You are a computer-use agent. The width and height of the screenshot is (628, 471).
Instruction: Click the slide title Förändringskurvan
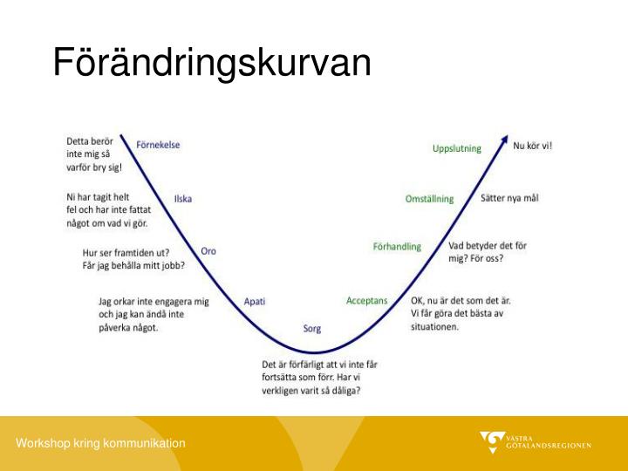coord(212,63)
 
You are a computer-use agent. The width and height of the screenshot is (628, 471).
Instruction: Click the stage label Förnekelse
coord(158,145)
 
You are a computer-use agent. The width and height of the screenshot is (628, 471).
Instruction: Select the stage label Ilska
coord(183,199)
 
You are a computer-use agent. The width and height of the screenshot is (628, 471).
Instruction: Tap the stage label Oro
coord(208,251)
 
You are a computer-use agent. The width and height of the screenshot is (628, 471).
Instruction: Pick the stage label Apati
coord(255,301)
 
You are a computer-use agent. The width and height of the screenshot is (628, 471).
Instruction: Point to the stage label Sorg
coord(312,329)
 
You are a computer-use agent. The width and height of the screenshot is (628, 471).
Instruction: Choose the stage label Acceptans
coord(366,301)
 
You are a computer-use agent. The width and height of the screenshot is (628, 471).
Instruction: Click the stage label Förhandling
coord(397,247)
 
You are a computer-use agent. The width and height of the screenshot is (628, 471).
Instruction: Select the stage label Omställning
coord(429,199)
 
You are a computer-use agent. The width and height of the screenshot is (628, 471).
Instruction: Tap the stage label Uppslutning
coord(456,148)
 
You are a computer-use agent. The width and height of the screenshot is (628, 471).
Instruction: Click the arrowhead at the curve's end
coord(504,139)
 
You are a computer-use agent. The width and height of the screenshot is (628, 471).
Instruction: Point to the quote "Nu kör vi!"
coord(532,146)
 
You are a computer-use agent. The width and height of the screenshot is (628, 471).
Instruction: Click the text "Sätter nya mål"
coord(509,198)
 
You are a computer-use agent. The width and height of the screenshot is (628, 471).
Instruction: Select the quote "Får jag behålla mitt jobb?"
coord(133,265)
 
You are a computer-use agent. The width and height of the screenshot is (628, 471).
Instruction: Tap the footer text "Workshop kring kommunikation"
coord(100,443)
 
